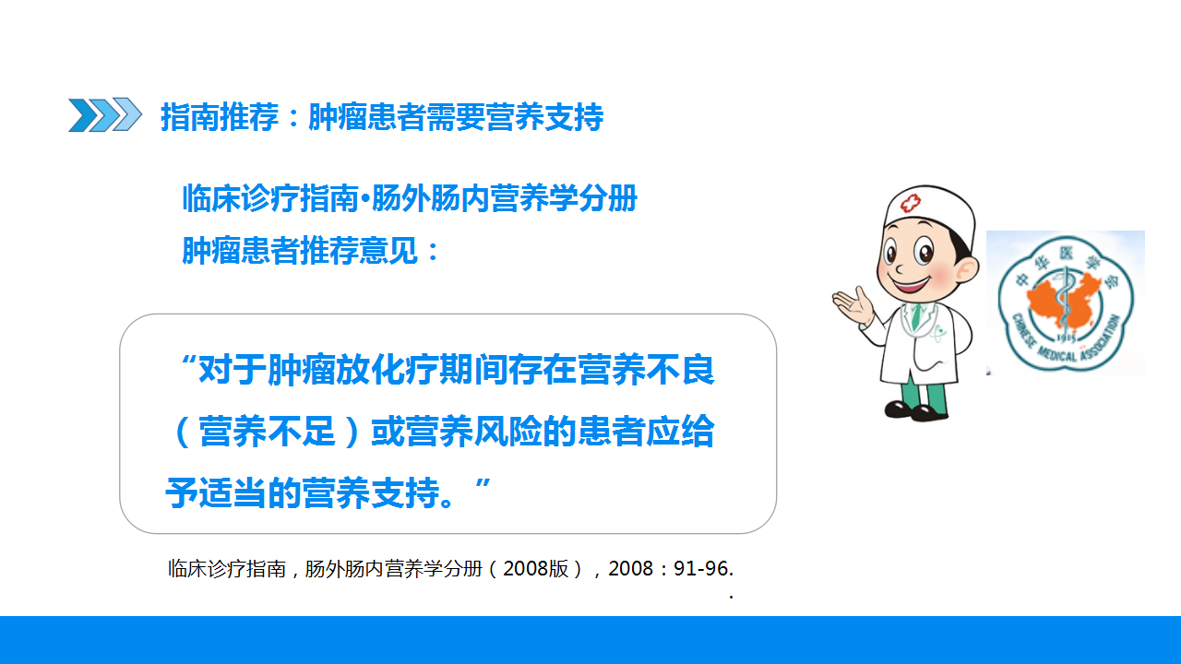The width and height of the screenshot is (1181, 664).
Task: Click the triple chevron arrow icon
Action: click(x=105, y=114)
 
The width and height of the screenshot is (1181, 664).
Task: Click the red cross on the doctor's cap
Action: click(x=910, y=202)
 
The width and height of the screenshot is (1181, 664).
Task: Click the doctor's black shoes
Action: click(x=916, y=410)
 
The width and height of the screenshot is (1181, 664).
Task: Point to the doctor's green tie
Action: click(x=917, y=315)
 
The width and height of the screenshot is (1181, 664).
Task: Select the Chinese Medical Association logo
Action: click(x=1066, y=303)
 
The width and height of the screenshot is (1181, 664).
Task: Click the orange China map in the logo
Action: click(x=1064, y=299)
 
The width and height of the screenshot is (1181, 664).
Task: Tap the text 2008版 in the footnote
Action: click(x=536, y=569)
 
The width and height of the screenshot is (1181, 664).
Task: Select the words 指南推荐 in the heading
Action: click(x=220, y=116)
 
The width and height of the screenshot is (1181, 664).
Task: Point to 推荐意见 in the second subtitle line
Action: click(x=359, y=250)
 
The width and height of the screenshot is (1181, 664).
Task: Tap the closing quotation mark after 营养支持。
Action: click(x=483, y=485)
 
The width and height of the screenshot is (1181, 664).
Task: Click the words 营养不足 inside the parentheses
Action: click(x=267, y=431)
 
